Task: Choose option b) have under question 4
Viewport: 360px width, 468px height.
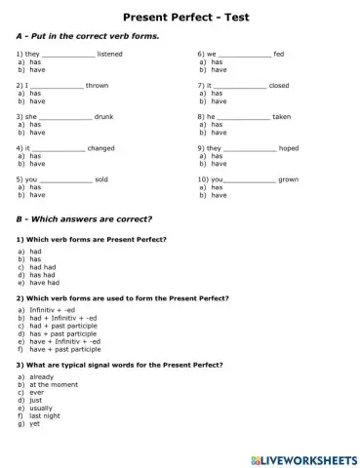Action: click(x=37, y=163)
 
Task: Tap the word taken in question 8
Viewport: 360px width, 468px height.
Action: click(x=281, y=116)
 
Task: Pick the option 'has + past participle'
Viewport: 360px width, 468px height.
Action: click(x=64, y=333)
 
